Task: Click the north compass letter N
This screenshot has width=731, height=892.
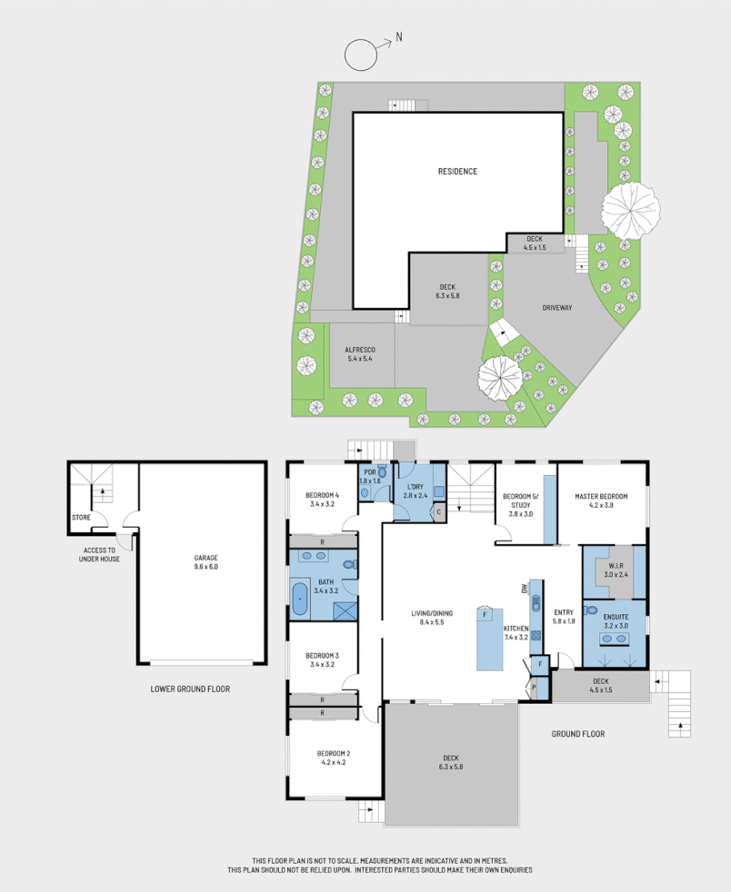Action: tap(399, 39)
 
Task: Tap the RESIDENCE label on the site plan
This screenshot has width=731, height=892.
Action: tap(457, 172)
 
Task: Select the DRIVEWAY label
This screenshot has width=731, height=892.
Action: tap(556, 308)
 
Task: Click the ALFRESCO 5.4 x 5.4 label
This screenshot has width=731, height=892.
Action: tap(358, 353)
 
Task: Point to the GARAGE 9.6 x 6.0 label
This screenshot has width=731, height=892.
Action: tap(205, 561)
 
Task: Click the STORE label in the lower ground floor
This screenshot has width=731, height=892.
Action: tap(81, 519)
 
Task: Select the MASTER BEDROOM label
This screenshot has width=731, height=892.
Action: tap(601, 501)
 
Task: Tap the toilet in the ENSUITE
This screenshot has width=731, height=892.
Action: tap(592, 610)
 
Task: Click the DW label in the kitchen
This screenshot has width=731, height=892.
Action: tap(525, 589)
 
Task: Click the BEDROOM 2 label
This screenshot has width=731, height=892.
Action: tap(334, 758)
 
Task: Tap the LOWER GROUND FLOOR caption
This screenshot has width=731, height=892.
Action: tap(190, 689)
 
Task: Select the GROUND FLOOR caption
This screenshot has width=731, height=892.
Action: tap(578, 733)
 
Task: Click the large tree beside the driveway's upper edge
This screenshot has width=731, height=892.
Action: tap(628, 210)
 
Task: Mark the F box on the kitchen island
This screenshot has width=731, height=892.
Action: tap(486, 615)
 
